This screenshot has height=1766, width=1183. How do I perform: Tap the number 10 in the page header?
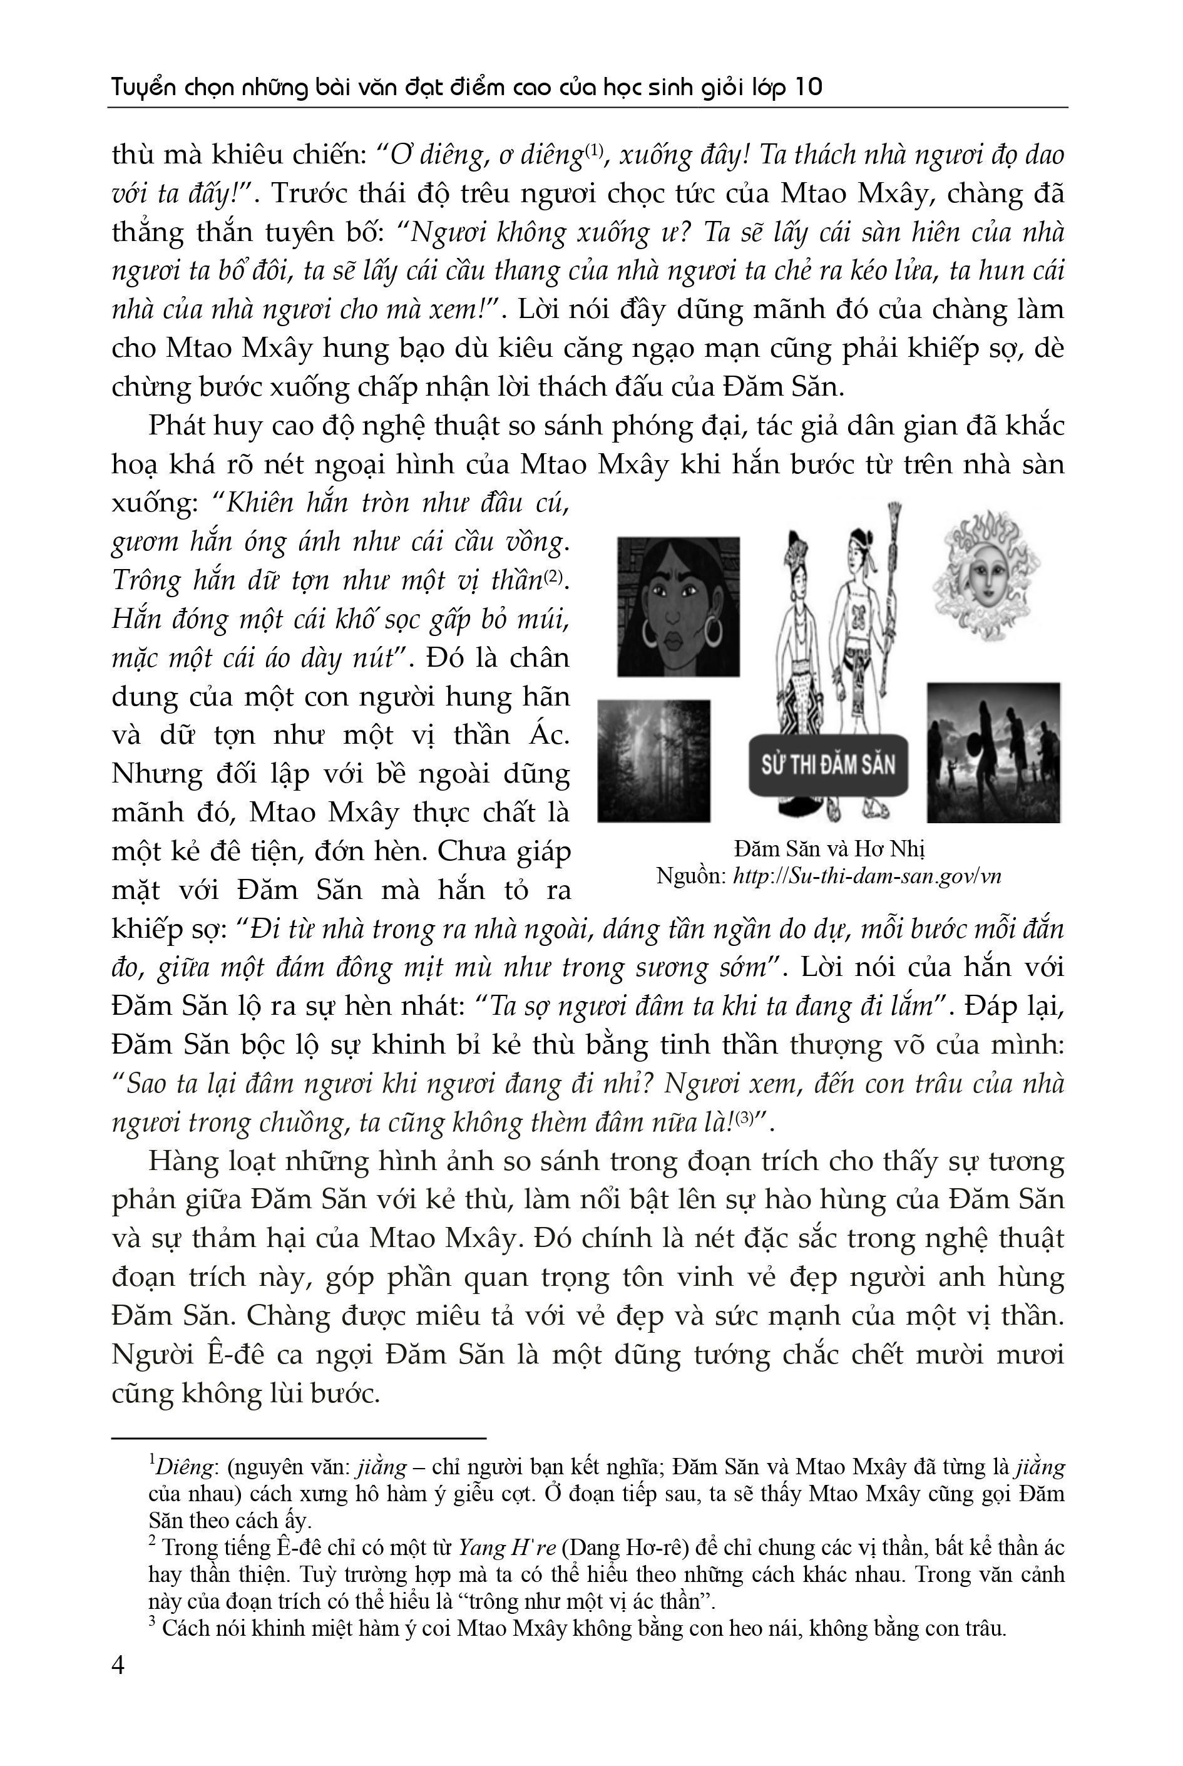[x=808, y=88]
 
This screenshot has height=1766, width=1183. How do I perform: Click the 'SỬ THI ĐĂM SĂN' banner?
[x=827, y=764]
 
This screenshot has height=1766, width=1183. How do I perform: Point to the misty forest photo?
[x=653, y=761]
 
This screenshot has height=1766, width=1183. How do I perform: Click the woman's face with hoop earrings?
[x=679, y=606]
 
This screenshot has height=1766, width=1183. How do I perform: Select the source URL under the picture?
[x=867, y=876]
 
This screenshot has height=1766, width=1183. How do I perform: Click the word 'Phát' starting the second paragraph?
[x=175, y=426]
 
